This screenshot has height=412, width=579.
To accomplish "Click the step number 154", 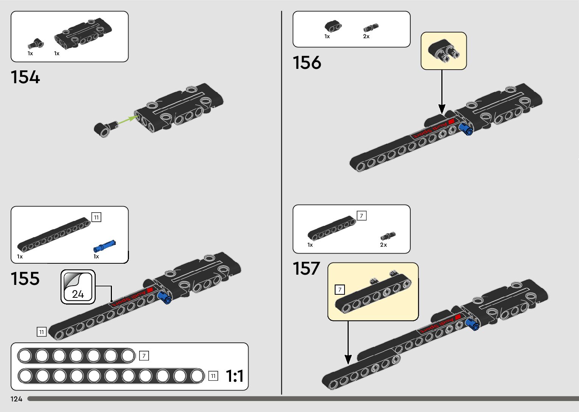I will (x=25, y=77).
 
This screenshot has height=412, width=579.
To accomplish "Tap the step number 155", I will (x=25, y=279).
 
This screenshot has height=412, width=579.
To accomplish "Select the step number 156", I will (x=307, y=62).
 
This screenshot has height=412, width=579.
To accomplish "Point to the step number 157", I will (x=306, y=269).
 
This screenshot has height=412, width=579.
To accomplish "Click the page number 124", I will (x=16, y=399).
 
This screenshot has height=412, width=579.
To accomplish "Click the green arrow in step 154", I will (x=127, y=120).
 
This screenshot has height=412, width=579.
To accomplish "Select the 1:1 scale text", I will (x=234, y=376).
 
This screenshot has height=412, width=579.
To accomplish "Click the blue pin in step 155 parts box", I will (x=104, y=246).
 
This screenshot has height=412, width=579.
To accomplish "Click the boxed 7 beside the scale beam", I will (x=144, y=356).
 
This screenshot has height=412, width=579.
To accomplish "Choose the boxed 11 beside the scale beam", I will (x=213, y=376).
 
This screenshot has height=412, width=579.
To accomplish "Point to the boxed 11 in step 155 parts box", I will (x=96, y=217).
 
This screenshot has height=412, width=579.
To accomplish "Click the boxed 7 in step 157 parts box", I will (x=362, y=216).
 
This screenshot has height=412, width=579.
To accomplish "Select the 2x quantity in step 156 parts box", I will (x=366, y=37).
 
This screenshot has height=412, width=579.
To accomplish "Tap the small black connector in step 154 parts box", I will (x=35, y=44).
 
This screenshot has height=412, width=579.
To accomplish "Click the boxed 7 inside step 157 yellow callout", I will (x=340, y=290).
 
